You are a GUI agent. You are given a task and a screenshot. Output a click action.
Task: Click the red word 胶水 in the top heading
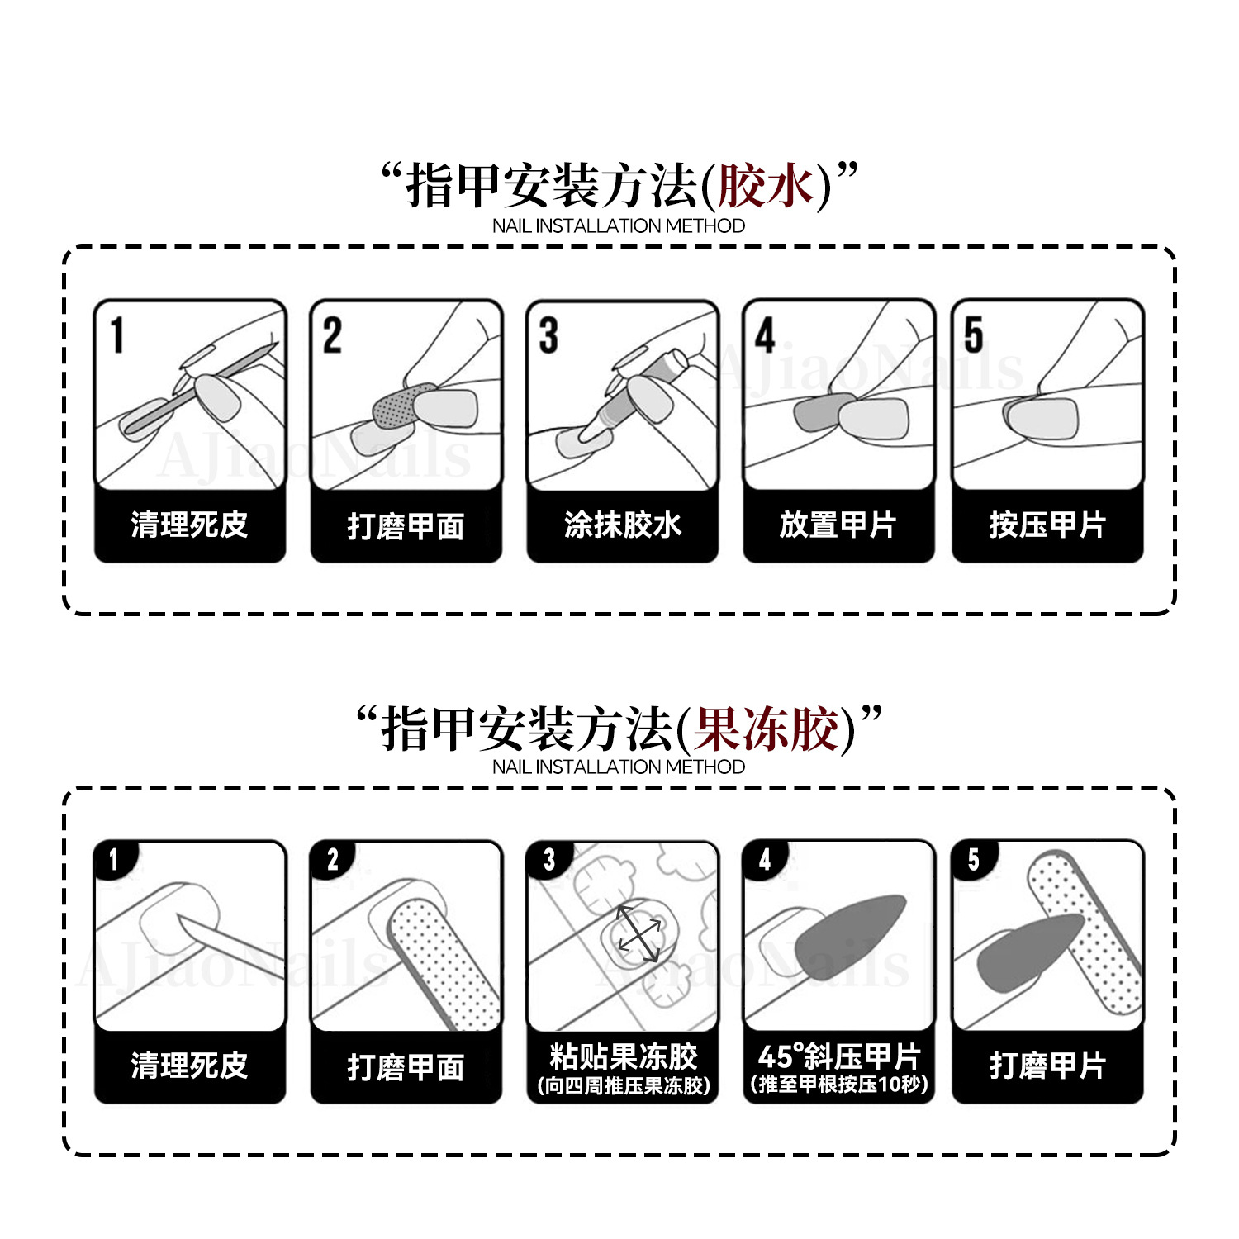pyautogui.click(x=767, y=186)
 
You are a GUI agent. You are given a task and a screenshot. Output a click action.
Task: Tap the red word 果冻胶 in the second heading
pyautogui.click(x=767, y=729)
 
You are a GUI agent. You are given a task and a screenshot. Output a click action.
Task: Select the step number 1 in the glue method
pyautogui.click(x=117, y=335)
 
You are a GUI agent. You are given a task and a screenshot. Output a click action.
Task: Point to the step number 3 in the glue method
pyautogui.click(x=548, y=335)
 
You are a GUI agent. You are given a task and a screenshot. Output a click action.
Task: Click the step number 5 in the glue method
pyautogui.click(x=974, y=335)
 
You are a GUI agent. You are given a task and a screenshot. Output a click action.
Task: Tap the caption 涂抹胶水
pyautogui.click(x=622, y=525)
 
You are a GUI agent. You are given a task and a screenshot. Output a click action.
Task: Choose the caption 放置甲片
pyautogui.click(x=838, y=525)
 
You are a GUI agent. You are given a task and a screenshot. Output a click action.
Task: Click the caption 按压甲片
pyautogui.click(x=1047, y=525)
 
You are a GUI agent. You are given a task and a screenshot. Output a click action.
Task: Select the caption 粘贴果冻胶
pyautogui.click(x=623, y=1056)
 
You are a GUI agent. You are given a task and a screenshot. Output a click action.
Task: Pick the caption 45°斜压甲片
pyautogui.click(x=838, y=1056)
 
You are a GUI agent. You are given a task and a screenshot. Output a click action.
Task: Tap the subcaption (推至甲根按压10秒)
pyautogui.click(x=838, y=1085)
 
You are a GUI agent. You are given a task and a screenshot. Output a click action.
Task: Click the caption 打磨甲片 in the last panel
pyautogui.click(x=1047, y=1066)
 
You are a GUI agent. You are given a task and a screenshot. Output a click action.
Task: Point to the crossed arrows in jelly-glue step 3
pyautogui.click(x=638, y=933)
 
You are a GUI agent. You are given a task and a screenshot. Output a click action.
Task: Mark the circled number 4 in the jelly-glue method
pyautogui.click(x=765, y=860)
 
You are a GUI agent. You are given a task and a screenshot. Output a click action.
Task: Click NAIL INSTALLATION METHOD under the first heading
pyautogui.click(x=618, y=225)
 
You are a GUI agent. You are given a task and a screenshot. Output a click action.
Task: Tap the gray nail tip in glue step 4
pyautogui.click(x=822, y=412)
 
